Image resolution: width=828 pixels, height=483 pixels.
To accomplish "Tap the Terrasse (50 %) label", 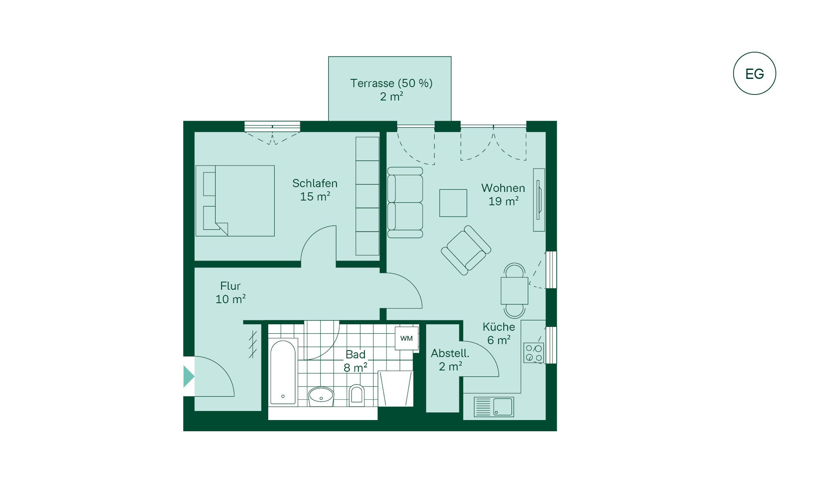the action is (391, 83).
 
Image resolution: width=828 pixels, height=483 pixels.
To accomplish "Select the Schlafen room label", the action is (315, 183).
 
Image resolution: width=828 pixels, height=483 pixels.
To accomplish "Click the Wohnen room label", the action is (503, 188).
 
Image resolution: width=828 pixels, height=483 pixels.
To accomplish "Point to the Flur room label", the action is (230, 286).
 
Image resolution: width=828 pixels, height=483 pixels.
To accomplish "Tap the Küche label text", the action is (499, 327).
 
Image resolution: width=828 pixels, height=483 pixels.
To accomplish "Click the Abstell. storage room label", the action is (450, 353).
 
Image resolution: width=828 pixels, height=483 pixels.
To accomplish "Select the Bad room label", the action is (355, 354).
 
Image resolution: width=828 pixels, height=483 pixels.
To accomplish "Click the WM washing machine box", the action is (407, 339).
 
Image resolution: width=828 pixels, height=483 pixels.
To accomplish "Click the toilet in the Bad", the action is (356, 394).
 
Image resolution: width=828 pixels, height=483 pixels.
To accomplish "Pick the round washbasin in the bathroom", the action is (321, 396).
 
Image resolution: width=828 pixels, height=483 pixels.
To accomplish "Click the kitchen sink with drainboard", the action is (494, 407).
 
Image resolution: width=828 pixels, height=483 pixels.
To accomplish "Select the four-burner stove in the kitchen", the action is (533, 353).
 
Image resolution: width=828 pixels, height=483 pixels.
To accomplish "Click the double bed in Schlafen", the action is (235, 201).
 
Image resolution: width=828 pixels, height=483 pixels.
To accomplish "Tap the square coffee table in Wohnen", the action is (453, 203).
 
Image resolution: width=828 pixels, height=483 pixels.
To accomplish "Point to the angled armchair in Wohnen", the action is (466, 250).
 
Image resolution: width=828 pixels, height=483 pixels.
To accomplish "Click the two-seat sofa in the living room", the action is (405, 203).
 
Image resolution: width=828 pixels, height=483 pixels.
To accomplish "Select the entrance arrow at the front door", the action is (188, 376).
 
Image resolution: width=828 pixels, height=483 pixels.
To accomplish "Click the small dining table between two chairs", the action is (514, 291).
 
